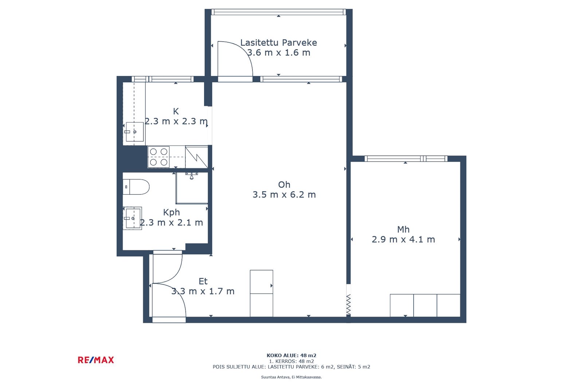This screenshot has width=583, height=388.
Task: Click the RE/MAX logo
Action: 96,360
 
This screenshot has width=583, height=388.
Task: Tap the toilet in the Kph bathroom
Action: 136,187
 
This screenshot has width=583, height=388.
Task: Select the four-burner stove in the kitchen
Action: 159,157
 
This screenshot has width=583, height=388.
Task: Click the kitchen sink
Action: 134,132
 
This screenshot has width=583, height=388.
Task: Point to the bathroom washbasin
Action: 133,218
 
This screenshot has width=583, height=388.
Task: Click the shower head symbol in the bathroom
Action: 192,175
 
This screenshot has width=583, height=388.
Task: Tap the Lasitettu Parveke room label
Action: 278,43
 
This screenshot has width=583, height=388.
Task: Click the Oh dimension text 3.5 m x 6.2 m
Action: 284,194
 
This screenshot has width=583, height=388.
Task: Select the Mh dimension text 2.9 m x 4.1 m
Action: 403,239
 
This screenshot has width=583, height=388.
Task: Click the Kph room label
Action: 171,213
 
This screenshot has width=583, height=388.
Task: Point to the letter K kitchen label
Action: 176,111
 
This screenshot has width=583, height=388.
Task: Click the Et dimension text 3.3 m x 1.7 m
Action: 203,291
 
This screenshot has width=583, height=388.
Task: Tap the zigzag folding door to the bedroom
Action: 348,304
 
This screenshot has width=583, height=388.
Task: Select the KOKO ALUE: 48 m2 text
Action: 291,355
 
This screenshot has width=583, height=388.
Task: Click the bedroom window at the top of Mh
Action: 406,159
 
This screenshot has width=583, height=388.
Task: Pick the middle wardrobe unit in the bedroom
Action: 425,305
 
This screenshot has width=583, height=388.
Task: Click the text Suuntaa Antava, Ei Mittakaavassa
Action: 291,377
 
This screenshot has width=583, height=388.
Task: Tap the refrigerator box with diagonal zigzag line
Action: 196,157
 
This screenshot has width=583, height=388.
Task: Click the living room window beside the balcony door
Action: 301,79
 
